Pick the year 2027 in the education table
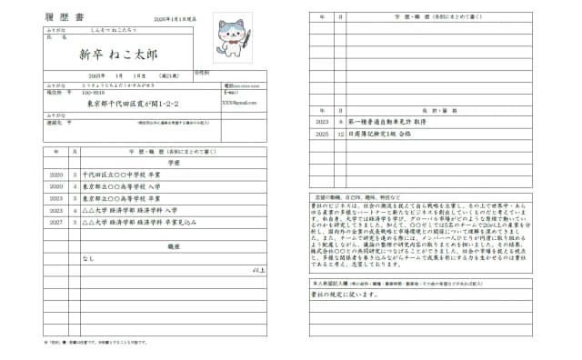(x=55, y=221)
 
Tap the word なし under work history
(x=88, y=258)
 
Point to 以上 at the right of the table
(x=259, y=270)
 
